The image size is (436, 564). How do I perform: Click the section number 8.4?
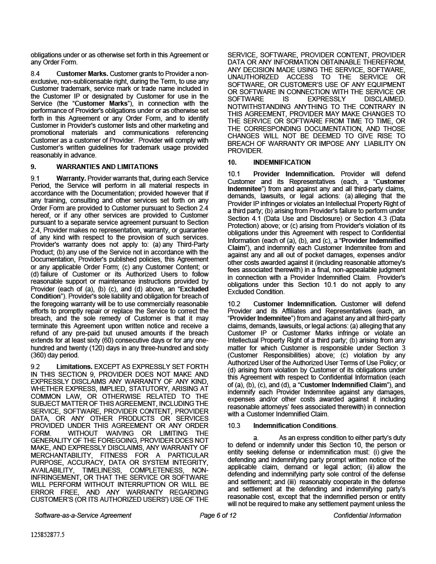pyautogui.click(x=36, y=74)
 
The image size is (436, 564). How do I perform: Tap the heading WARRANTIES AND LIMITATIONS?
pyautogui.click(x=107, y=167)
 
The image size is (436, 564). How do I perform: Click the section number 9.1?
pyautogui.click(x=36, y=178)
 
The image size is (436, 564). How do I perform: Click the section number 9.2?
pyautogui.click(x=36, y=366)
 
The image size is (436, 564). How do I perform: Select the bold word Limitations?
pyautogui.click(x=74, y=366)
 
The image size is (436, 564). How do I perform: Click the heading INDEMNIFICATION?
pyautogui.click(x=282, y=162)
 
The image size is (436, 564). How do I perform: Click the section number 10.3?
pyautogui.click(x=234, y=426)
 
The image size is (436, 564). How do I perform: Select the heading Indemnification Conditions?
pyautogui.click(x=294, y=426)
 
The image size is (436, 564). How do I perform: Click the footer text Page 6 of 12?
pyautogui.click(x=218, y=516)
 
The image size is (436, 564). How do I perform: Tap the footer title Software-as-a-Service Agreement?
pyautogui.click(x=83, y=516)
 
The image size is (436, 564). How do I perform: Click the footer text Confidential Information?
pyautogui.click(x=367, y=516)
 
